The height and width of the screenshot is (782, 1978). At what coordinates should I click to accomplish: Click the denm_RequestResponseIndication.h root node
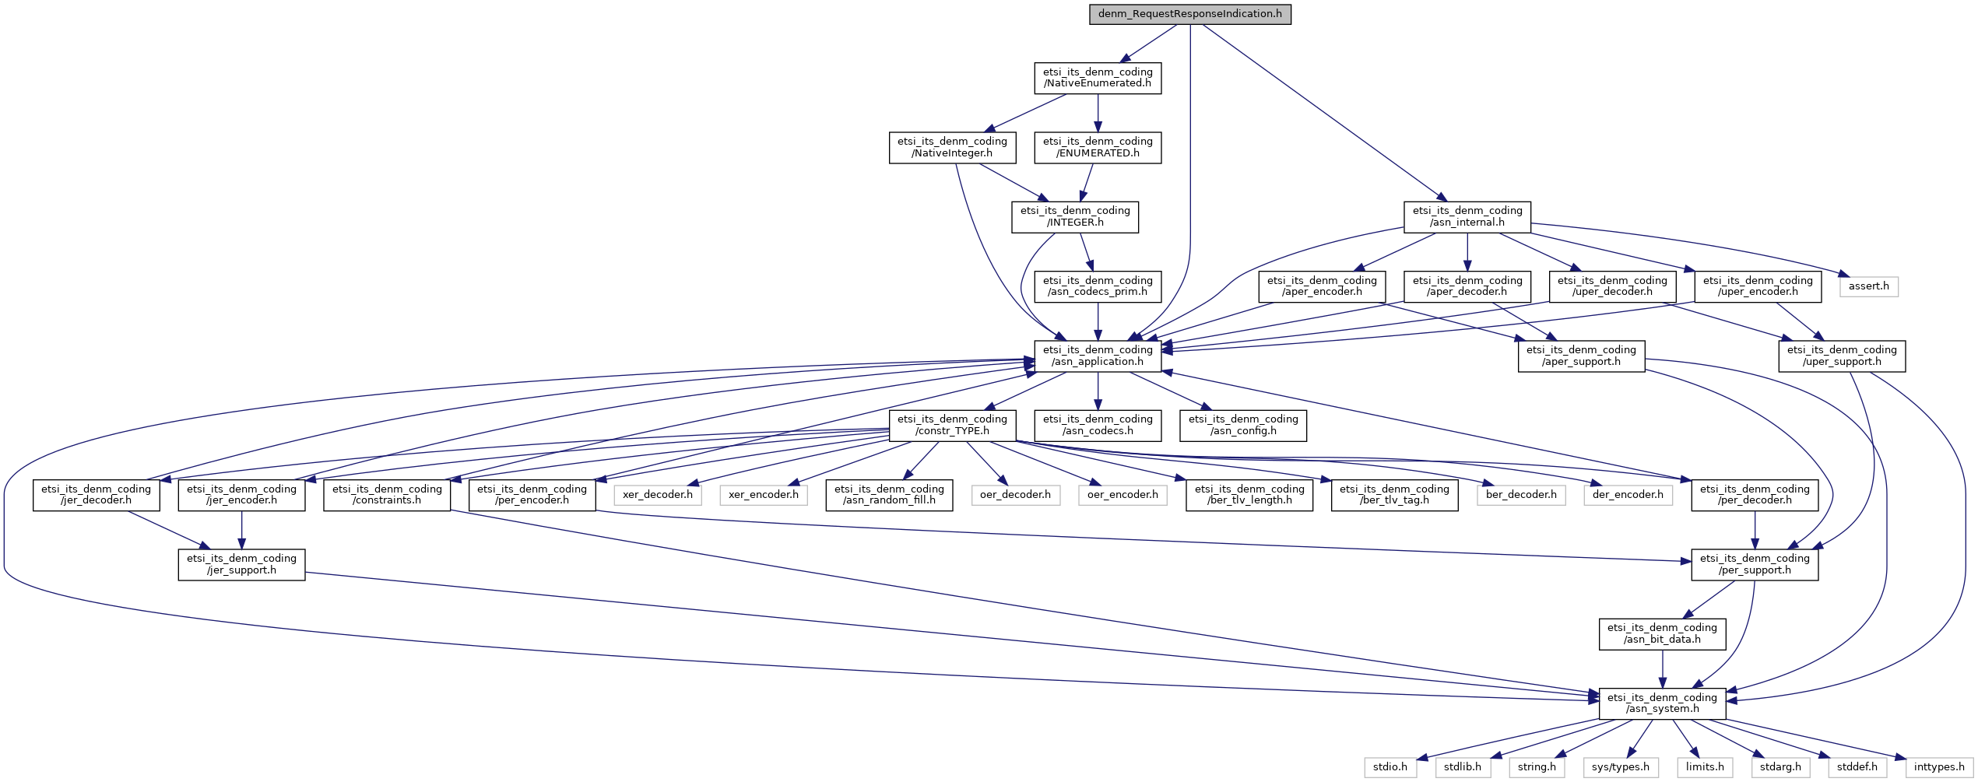[1190, 14]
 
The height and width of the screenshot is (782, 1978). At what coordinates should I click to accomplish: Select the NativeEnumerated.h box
[1098, 78]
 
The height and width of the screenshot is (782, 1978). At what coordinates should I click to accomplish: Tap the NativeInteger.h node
[952, 147]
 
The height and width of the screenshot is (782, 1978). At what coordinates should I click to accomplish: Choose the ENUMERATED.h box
[1098, 147]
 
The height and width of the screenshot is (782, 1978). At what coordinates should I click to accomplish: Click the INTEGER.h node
[1075, 216]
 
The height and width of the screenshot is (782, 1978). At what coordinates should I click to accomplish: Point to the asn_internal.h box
[1467, 216]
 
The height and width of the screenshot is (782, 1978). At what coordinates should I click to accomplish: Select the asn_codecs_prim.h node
[1098, 286]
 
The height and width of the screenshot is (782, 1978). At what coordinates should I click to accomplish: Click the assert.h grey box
[1869, 286]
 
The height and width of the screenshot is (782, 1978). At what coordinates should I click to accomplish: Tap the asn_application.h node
[1098, 356]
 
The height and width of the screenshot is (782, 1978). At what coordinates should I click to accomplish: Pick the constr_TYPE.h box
[952, 425]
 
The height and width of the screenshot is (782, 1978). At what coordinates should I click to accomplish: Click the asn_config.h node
[1243, 425]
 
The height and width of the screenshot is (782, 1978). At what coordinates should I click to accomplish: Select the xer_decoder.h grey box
[658, 494]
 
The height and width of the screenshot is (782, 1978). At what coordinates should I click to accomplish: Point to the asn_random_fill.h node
[889, 494]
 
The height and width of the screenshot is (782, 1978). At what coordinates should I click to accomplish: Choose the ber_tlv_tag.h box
[1394, 494]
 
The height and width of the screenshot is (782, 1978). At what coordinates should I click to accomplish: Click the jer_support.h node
[241, 564]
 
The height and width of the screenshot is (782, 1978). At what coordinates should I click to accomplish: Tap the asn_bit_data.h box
[1662, 633]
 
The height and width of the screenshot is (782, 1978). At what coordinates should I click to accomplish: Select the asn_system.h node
[1662, 703]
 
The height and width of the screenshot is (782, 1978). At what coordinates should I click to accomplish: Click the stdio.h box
[1390, 767]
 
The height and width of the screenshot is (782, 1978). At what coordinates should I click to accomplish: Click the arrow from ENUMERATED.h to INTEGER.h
[1087, 182]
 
